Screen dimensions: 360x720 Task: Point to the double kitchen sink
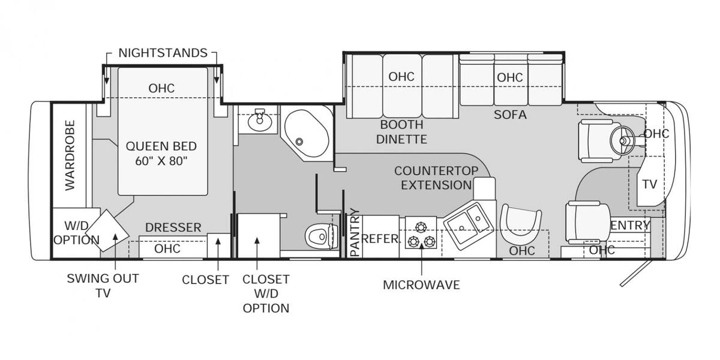point(469,226)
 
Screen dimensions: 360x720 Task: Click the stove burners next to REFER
point(421,235)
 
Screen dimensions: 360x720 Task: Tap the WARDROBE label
point(70,155)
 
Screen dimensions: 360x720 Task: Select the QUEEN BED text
point(161,153)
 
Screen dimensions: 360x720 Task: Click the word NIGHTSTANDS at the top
point(163,53)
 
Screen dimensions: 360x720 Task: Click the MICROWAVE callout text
point(421,284)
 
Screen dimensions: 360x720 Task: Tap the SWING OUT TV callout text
point(103,285)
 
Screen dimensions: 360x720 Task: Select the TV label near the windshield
point(650,184)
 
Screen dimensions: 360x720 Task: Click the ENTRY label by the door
point(630,225)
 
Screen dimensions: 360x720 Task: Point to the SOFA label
point(510,114)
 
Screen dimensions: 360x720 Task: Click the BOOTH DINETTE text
point(401,132)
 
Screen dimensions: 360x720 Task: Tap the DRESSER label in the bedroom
point(173,227)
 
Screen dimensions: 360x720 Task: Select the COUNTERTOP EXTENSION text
point(436,178)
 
